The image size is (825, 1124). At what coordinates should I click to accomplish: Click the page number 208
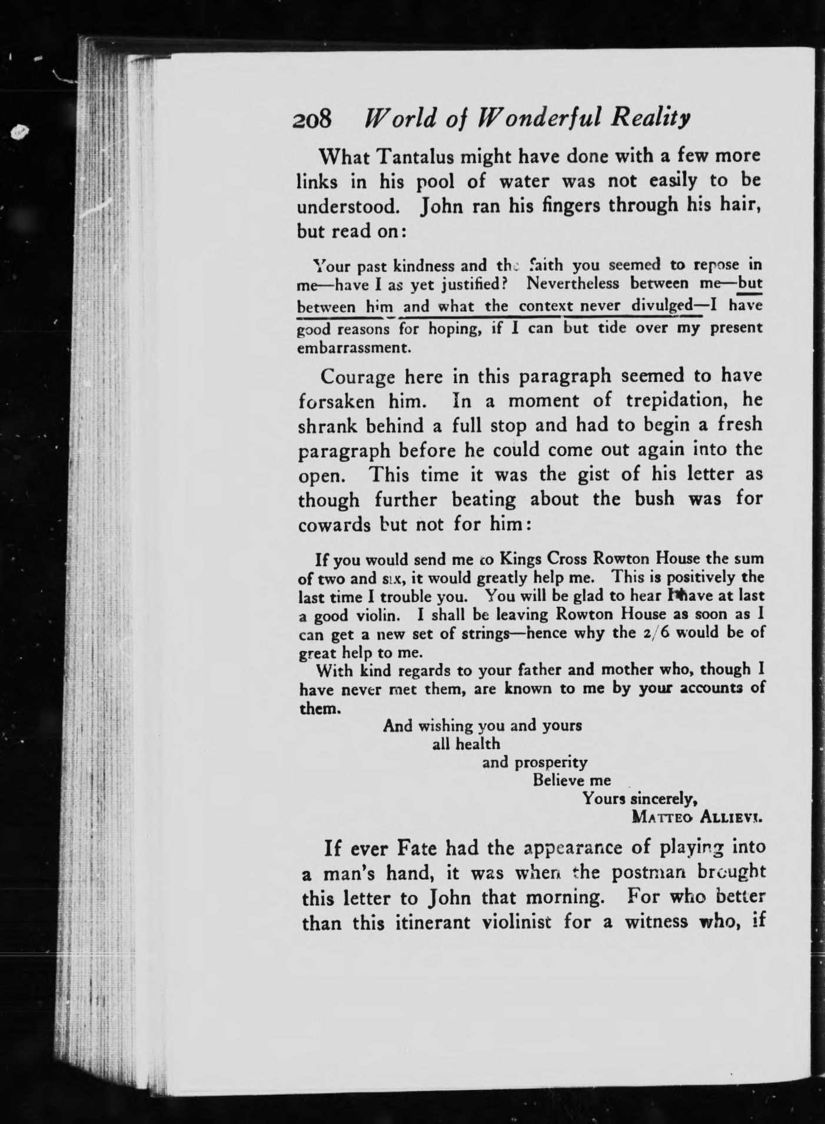[x=312, y=119]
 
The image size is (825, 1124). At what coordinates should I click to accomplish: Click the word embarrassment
[x=352, y=347]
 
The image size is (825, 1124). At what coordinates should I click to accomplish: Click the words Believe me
[x=571, y=781]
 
